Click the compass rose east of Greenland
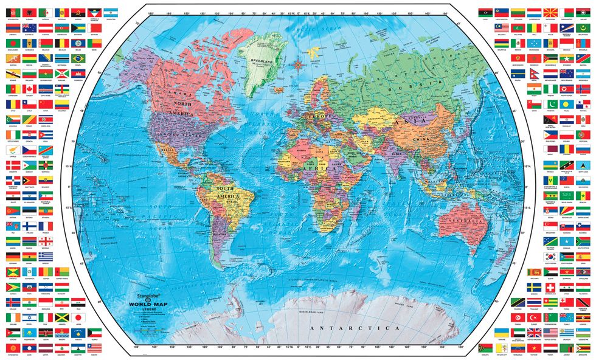pyautogui.click(x=299, y=63)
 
